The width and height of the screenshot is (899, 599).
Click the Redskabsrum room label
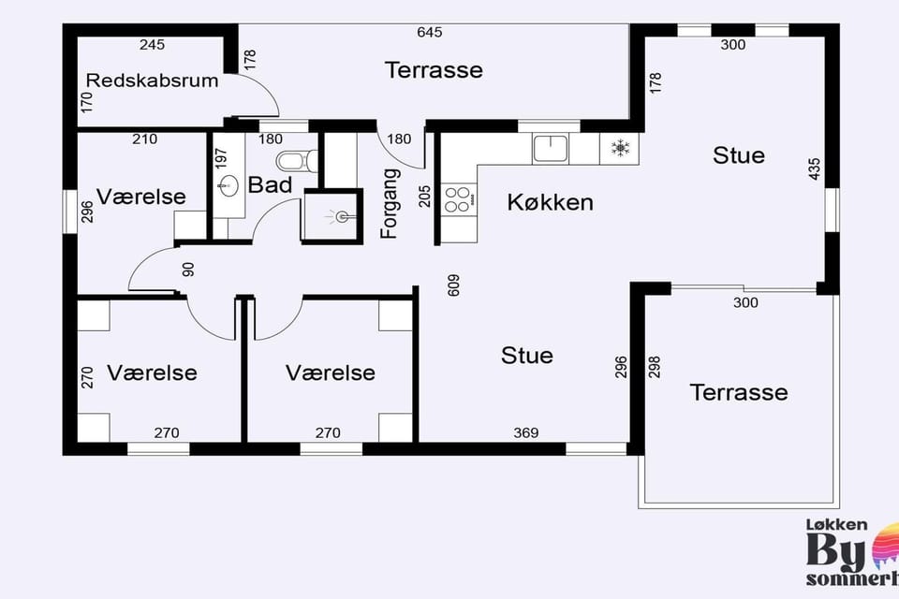tap(152, 80)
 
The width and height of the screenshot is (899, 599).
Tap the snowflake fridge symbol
tap(620, 149)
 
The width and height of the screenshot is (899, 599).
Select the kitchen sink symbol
tap(550, 149)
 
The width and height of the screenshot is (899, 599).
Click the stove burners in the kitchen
tap(459, 199)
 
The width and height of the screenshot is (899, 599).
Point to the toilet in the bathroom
tap(296, 161)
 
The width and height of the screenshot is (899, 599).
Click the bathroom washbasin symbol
tap(228, 185)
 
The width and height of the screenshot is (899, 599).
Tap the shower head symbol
tap(340, 216)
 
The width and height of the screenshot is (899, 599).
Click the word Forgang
tap(390, 203)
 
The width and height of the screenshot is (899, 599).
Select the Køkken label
tap(550, 202)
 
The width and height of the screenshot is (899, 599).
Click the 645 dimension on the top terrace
tap(430, 32)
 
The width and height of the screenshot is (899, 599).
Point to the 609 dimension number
tap(453, 285)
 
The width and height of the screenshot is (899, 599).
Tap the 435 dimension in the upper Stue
tap(814, 169)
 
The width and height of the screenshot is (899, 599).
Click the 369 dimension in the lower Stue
tap(525, 432)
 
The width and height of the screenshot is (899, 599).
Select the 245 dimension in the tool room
tap(152, 45)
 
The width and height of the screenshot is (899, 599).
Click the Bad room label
tap(270, 185)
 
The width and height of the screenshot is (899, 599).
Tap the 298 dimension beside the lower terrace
tap(655, 367)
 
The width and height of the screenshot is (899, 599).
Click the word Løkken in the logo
tap(836, 524)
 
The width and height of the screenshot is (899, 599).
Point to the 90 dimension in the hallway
tap(188, 270)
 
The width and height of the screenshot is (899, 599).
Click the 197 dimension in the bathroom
tap(221, 159)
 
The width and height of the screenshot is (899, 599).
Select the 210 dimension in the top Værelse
tap(144, 139)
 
